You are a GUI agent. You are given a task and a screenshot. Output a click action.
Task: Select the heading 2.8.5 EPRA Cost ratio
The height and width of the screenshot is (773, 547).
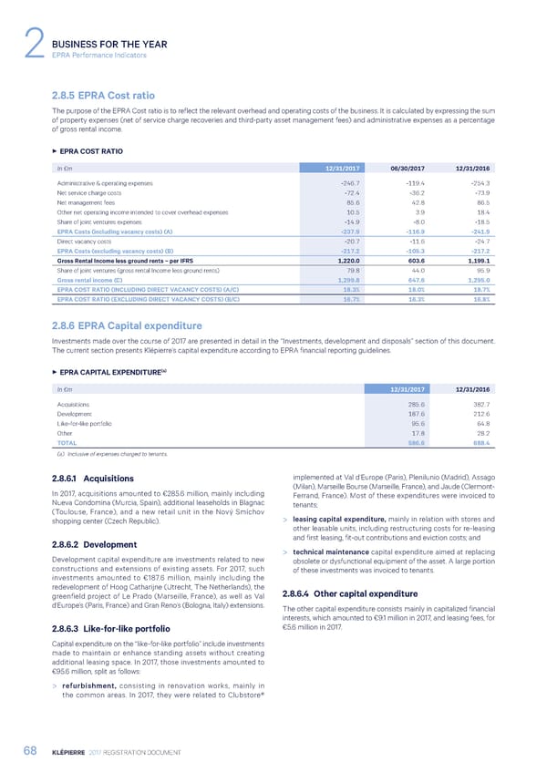[x=100, y=94]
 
